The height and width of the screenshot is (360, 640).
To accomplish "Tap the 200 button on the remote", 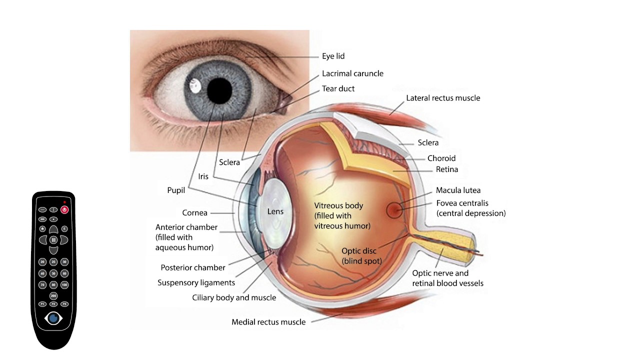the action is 53,295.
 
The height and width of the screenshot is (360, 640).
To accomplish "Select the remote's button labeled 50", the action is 53,273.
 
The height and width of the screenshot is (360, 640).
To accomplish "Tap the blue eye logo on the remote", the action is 53,318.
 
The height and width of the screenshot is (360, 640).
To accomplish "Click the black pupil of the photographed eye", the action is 219,90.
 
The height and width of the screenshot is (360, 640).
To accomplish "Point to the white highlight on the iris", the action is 195,85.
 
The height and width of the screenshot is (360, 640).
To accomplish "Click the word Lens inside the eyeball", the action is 275,211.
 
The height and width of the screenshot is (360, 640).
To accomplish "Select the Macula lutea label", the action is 458,190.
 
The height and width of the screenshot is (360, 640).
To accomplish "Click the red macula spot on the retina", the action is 394,210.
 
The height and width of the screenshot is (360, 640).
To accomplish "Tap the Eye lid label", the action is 333,56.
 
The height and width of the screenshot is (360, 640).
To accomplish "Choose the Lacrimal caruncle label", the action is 352,73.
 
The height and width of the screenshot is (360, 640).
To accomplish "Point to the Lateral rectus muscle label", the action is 443,98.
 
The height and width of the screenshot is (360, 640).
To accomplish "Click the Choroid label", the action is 441,158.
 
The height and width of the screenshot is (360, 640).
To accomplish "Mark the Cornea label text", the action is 194,213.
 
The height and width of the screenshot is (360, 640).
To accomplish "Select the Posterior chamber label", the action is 193,267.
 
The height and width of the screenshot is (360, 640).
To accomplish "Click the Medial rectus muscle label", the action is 268,322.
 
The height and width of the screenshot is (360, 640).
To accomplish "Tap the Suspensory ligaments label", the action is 196,283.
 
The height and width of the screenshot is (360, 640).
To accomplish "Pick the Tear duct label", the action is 338,88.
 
